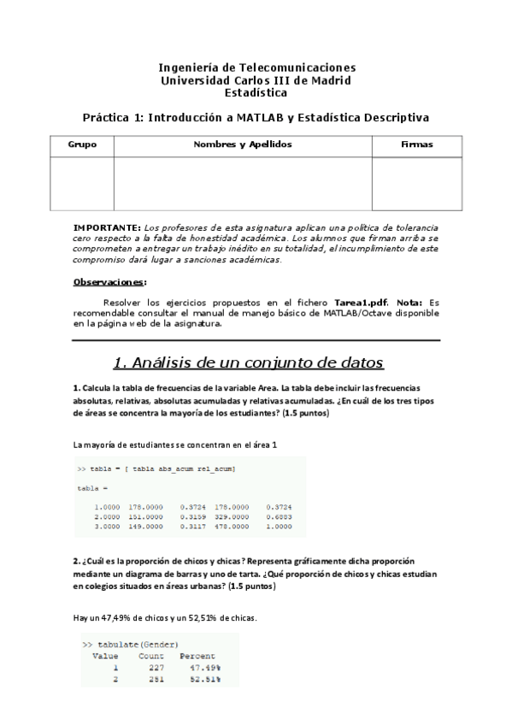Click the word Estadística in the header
click(256, 93)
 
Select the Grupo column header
click(82, 144)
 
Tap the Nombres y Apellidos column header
click(243, 144)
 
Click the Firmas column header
click(416, 144)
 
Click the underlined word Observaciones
click(109, 281)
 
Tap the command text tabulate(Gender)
click(138, 644)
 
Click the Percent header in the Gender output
click(199, 656)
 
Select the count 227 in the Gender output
click(156, 668)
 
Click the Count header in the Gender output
click(151, 656)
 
